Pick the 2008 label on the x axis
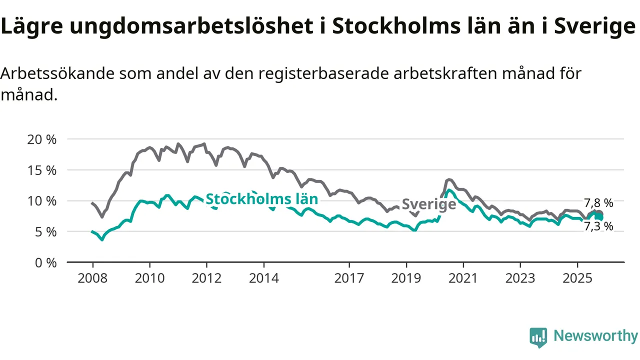[92, 278]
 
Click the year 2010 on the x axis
[149, 278]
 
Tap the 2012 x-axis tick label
[206, 278]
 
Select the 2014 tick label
[263, 278]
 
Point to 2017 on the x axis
[349, 278]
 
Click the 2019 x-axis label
[406, 278]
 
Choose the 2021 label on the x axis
[463, 278]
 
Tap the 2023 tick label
[520, 278]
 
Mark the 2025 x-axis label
[577, 278]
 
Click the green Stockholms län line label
[261, 199]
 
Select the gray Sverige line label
[429, 204]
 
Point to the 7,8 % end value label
[598, 203]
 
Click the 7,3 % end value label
[598, 226]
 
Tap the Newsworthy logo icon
[538, 337]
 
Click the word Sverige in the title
[594, 27]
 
